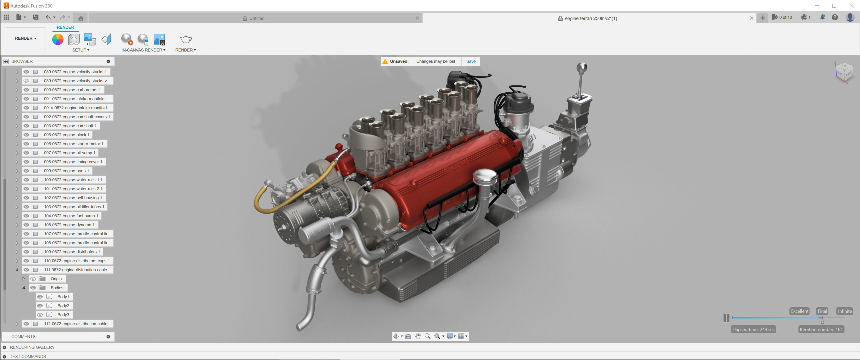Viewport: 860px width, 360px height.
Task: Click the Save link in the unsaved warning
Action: coord(471,61)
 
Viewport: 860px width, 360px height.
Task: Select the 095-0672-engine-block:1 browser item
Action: coord(66,134)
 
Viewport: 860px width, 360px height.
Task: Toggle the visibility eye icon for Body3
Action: coord(40,314)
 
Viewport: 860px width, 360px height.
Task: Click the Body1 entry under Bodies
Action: coord(63,296)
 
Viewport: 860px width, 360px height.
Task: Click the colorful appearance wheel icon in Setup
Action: coord(58,39)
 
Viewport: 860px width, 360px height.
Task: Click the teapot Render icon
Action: coord(185,39)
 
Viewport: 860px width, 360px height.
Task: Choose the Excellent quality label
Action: coord(799,311)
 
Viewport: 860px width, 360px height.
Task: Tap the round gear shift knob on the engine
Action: coord(581,67)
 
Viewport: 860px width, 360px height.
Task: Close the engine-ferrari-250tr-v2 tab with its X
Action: coord(751,18)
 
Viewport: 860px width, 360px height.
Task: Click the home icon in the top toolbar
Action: coord(80,18)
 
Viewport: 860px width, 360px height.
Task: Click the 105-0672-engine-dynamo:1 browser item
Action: coord(69,225)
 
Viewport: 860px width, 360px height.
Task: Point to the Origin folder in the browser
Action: coord(56,278)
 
